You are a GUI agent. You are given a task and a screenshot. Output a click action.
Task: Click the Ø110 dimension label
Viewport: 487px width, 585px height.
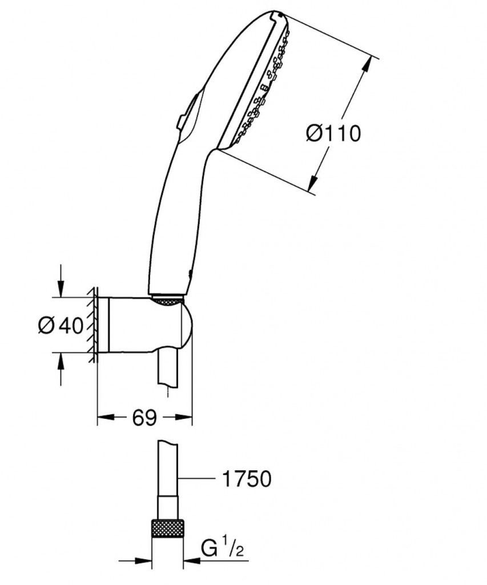coord(333,134)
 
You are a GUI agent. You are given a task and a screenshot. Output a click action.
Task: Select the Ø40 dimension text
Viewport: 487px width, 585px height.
coord(61,326)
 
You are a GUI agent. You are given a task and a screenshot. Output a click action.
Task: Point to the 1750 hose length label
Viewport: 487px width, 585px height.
coord(245,479)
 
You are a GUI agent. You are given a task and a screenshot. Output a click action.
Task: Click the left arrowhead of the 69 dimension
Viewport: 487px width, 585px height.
coord(103,418)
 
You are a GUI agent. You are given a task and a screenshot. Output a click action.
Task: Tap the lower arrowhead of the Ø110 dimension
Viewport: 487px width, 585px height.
coord(314,184)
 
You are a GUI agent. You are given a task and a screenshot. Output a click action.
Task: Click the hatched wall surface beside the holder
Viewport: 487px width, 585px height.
coord(91,326)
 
